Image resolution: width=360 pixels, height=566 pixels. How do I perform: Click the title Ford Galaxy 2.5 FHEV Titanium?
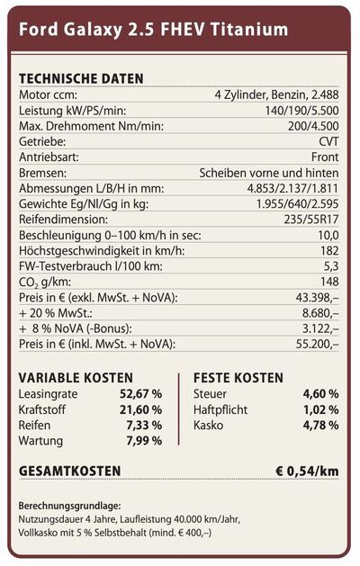tap(154, 30)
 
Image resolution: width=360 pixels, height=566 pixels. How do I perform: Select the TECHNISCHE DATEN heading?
tap(81, 78)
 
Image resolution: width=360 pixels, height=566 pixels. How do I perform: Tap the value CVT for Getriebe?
tap(328, 141)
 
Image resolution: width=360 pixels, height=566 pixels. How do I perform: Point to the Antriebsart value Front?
tap(325, 157)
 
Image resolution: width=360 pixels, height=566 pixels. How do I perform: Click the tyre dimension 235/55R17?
tap(311, 220)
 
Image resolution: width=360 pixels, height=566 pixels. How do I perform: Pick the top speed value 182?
tap(329, 250)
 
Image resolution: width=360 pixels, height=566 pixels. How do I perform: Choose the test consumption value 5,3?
tap(331, 266)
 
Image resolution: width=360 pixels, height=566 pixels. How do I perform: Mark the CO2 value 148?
tap(329, 282)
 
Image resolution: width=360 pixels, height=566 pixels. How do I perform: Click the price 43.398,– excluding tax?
tap(317, 298)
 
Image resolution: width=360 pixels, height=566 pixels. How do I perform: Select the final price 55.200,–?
tap(317, 344)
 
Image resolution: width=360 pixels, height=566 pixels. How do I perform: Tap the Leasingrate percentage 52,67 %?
tap(140, 394)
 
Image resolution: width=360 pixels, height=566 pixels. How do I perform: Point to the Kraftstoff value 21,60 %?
tap(140, 409)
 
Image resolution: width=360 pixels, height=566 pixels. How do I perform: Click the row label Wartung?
tap(40, 441)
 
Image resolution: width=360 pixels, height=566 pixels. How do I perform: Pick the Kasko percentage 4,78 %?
tap(320, 426)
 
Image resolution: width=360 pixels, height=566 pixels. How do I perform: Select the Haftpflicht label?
tap(220, 410)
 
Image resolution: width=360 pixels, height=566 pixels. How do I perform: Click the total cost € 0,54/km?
tap(307, 471)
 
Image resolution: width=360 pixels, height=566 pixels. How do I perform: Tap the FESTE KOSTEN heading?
tap(238, 378)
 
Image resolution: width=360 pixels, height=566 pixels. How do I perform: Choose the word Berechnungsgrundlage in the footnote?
tap(69, 506)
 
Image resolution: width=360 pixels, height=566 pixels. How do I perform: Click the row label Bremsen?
tap(42, 173)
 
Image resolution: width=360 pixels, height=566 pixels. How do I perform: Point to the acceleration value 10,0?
tap(328, 236)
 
